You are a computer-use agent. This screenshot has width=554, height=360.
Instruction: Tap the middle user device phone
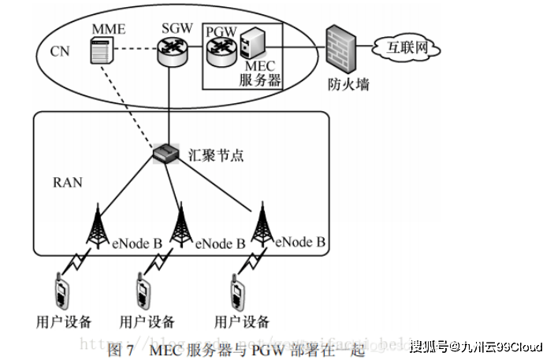pyautogui.click(x=143, y=291)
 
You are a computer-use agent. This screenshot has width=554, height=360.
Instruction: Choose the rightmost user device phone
pyautogui.click(x=237, y=291)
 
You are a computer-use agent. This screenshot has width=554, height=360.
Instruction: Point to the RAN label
pyautogui.click(x=67, y=182)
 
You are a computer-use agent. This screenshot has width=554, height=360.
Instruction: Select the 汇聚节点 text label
pyautogui.click(x=217, y=154)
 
